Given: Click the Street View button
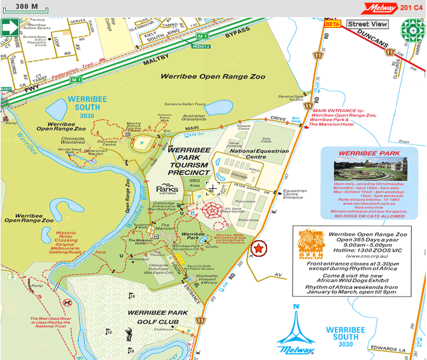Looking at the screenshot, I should [x=367, y=24].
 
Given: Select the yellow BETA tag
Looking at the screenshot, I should [x=332, y=24].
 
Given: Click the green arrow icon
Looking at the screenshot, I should [x=9, y=28].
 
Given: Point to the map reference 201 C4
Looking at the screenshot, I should [x=411, y=8].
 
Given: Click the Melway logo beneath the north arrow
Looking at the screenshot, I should [x=296, y=349].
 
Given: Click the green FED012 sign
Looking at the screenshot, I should [x=200, y=46].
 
